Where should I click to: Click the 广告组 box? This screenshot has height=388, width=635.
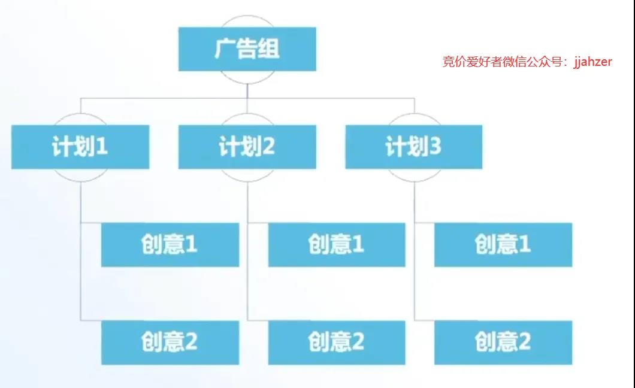(x=247, y=49)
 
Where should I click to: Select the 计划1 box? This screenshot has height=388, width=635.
(x=80, y=147)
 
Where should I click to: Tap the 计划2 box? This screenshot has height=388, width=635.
(x=247, y=147)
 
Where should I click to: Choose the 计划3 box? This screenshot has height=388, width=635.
(x=413, y=147)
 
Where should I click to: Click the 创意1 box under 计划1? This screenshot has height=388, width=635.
(x=170, y=245)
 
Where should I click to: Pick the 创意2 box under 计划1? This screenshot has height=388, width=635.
(x=170, y=342)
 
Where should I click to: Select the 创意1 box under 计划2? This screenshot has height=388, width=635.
(x=337, y=245)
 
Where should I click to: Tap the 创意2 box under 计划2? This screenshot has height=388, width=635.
(x=337, y=342)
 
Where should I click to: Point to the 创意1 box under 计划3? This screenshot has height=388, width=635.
(x=503, y=245)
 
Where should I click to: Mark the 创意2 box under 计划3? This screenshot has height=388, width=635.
(x=503, y=342)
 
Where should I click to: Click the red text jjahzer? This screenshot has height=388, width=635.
(x=592, y=62)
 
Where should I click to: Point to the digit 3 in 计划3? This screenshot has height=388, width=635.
(x=435, y=146)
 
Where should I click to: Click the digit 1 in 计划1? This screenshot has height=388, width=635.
(x=102, y=146)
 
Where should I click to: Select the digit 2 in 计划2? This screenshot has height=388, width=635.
(x=268, y=146)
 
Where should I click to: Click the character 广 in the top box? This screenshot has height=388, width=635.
(x=225, y=48)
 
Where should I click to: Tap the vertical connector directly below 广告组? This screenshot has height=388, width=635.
(x=247, y=91)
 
